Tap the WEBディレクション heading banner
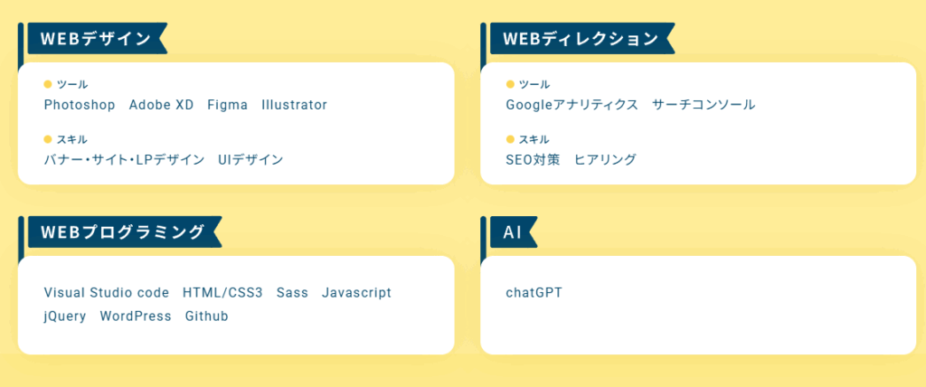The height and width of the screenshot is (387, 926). [x=582, y=38]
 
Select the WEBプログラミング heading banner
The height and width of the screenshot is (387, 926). [x=125, y=231]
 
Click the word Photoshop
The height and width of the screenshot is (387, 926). [x=80, y=105]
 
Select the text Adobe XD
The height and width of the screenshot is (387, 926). [x=161, y=105]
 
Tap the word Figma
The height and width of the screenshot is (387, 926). [x=227, y=105]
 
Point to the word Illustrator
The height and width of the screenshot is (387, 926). [x=294, y=105]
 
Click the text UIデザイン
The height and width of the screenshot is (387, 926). [x=250, y=159]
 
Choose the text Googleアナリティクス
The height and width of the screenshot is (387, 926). [x=572, y=105]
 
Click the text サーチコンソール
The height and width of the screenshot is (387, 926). [x=704, y=105]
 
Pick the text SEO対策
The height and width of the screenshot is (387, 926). [x=533, y=159]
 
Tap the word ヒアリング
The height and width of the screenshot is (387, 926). [x=605, y=159]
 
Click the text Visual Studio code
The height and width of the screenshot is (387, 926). [x=107, y=292]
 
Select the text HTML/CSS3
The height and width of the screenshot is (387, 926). [x=222, y=292]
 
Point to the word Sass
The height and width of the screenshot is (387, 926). [x=292, y=292]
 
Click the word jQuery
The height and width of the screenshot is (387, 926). [x=65, y=316]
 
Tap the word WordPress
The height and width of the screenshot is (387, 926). [x=136, y=316]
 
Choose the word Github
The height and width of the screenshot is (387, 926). [x=207, y=316]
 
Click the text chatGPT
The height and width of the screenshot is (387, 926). [x=534, y=292]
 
